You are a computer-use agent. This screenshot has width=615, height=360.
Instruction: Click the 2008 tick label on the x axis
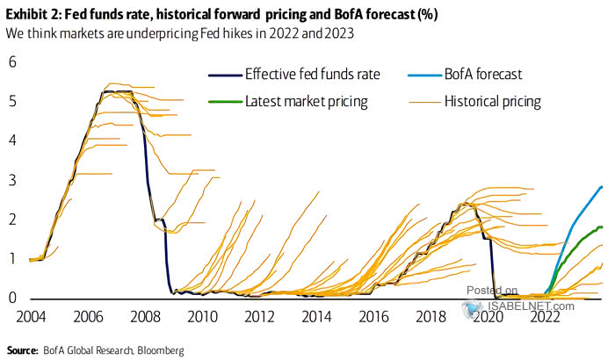click(146, 315)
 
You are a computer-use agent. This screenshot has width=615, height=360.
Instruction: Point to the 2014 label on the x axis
click(317, 315)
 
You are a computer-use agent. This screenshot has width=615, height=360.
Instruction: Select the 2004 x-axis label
click(32, 315)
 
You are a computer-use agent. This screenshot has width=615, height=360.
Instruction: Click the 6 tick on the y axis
click(13, 61)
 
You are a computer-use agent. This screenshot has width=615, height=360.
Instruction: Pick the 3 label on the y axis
click(13, 179)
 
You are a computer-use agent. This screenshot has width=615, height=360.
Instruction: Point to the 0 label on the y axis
click(13, 298)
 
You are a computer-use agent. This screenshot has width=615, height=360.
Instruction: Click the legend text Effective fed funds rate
click(313, 75)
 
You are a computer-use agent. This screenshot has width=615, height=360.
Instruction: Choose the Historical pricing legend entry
click(504, 102)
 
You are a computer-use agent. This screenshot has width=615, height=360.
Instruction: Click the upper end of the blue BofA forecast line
click(601, 186)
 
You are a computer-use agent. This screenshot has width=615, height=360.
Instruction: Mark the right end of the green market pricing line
click(602, 227)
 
